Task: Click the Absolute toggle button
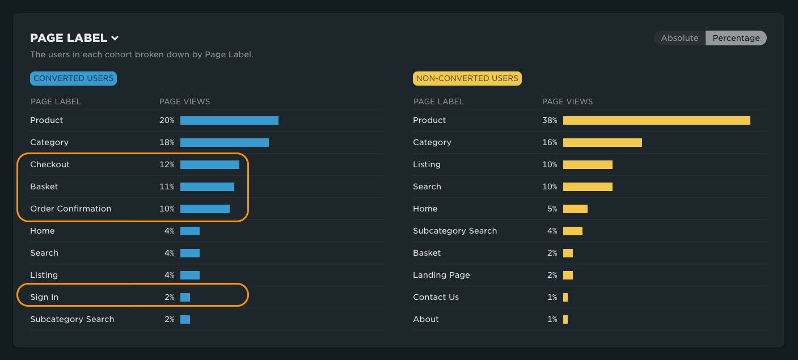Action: click(679, 38)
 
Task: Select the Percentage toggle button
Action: click(736, 38)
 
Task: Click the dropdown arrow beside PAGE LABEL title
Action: click(115, 39)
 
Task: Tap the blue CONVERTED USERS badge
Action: click(73, 78)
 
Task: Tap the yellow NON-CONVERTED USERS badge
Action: click(467, 78)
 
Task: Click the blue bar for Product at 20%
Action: click(229, 120)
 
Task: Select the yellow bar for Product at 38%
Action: click(656, 120)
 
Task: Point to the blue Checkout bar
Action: click(209, 164)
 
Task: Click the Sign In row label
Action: click(44, 297)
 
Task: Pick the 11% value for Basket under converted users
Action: click(167, 187)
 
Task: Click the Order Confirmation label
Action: click(70, 209)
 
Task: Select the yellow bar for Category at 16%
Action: click(602, 142)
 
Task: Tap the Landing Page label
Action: click(441, 275)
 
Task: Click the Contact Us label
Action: click(436, 297)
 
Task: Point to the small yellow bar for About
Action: click(565, 319)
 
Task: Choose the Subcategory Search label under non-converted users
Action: click(455, 231)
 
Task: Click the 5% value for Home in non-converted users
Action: click(552, 209)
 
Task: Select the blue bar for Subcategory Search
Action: click(185, 319)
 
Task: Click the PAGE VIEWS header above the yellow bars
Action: click(567, 101)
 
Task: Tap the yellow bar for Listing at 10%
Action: click(588, 164)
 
